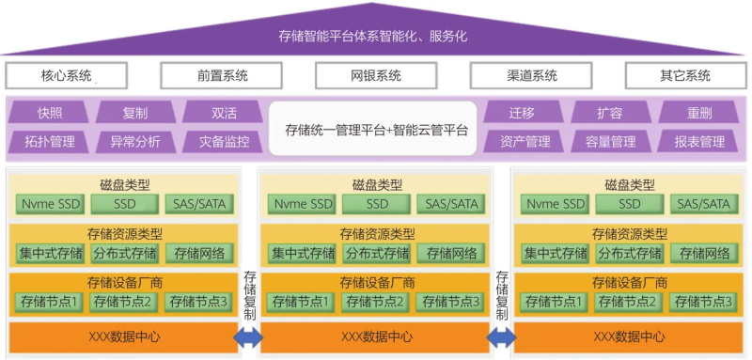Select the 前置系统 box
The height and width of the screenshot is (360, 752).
(222, 76)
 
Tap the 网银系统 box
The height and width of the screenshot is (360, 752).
(376, 76)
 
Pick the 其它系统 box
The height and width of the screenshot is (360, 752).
(684, 76)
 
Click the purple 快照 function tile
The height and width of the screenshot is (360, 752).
(49, 113)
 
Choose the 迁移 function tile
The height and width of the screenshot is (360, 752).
(522, 113)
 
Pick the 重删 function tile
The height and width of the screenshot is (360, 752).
(698, 113)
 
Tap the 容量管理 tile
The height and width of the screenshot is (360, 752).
(610, 142)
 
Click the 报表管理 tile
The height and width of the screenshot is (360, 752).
(698, 142)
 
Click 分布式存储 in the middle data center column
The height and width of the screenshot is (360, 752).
(377, 253)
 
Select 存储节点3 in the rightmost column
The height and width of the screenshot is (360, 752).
(702, 302)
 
